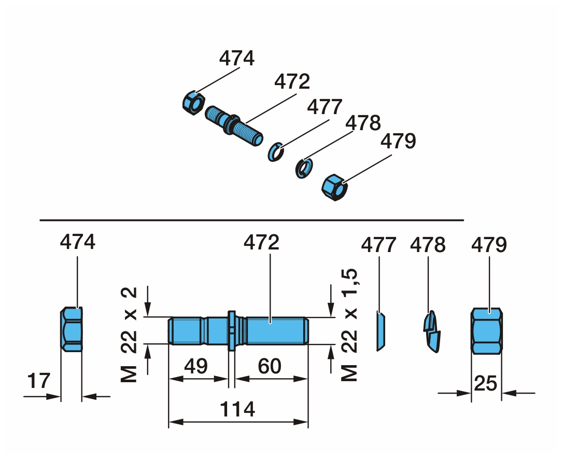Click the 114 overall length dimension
point(237,409)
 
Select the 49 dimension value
point(196,366)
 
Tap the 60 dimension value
point(270,366)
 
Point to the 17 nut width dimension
point(39,381)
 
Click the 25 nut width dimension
point(486,383)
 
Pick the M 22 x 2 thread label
point(129,335)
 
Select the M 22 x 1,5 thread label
point(349,324)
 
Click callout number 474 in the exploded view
point(237,58)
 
